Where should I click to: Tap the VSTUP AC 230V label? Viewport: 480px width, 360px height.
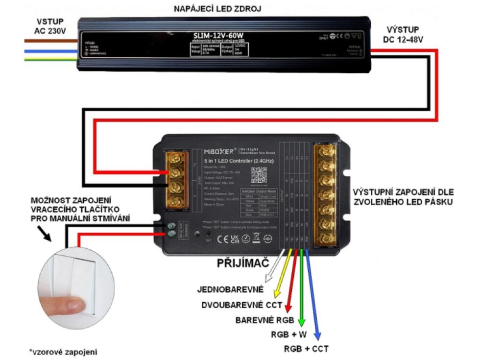[x=49, y=26]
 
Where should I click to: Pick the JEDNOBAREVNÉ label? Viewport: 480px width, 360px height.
[x=230, y=289]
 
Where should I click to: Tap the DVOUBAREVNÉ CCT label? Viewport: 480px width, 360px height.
[x=242, y=305]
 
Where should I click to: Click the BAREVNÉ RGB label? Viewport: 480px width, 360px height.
[x=264, y=320]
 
